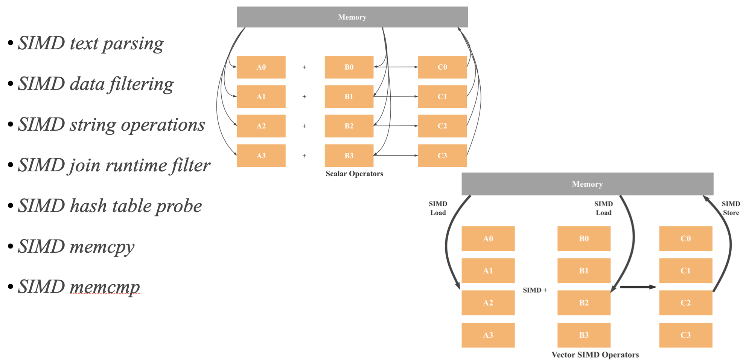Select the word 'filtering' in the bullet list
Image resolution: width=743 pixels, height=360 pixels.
pyautogui.click(x=142, y=84)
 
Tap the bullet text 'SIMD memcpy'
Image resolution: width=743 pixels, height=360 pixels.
pyautogui.click(x=76, y=247)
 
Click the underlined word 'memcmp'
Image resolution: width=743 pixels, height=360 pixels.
pyautogui.click(x=105, y=287)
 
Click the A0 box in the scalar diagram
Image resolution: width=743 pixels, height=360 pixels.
pyautogui.click(x=261, y=67)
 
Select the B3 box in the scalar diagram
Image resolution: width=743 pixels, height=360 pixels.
pyautogui.click(x=349, y=156)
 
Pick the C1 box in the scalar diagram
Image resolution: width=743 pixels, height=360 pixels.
pyautogui.click(x=442, y=96)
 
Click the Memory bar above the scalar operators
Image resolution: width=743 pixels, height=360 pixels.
pyautogui.click(x=352, y=17)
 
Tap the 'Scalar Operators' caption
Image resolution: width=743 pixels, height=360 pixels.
pyautogui.click(x=354, y=174)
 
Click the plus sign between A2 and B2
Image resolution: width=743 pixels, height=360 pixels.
pyautogui.click(x=304, y=126)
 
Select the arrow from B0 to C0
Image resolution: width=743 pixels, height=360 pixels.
pyautogui.click(x=396, y=67)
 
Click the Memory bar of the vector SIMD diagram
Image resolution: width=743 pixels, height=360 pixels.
pyautogui.click(x=587, y=184)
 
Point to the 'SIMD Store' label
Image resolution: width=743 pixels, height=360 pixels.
pyautogui.click(x=731, y=208)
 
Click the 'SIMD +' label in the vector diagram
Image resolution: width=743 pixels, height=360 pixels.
pyautogui.click(x=535, y=290)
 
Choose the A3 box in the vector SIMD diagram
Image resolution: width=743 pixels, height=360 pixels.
pyautogui.click(x=488, y=335)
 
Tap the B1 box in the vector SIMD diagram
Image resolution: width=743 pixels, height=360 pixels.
pyautogui.click(x=584, y=271)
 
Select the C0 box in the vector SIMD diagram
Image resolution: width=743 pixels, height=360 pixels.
pyautogui.click(x=685, y=239)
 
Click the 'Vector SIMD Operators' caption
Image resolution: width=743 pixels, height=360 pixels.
pyautogui.click(x=595, y=355)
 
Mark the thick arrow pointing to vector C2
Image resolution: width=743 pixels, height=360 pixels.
pyautogui.click(x=638, y=287)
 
